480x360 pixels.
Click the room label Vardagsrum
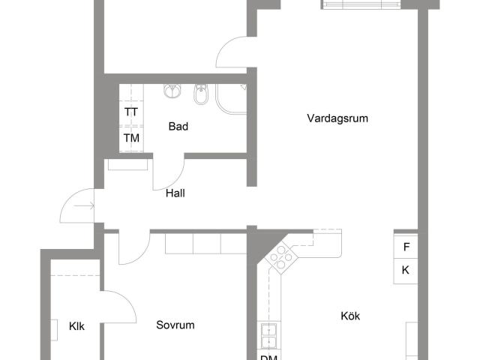[337, 118]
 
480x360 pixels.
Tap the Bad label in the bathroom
[178, 127]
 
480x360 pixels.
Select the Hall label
[175, 193]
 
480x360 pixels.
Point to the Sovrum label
[175, 325]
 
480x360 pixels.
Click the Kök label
[349, 316]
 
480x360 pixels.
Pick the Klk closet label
[76, 326]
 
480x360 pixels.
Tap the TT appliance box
[131, 112]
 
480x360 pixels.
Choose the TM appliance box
[131, 139]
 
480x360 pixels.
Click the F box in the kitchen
[406, 246]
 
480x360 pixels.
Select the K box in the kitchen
[406, 270]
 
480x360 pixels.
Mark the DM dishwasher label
[268, 357]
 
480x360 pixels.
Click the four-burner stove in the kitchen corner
[282, 258]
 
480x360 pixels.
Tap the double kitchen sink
[268, 335]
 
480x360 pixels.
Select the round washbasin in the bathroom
[173, 91]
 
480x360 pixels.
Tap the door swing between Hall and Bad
[166, 174]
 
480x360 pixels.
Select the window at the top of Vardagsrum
[362, 4]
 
